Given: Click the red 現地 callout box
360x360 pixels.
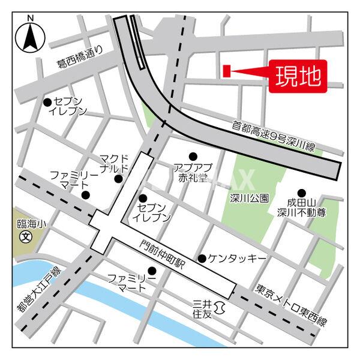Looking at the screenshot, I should click(x=298, y=76).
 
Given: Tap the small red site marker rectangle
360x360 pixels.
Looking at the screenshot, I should click(x=227, y=71).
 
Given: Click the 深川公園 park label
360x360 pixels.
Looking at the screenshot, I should click(x=249, y=197).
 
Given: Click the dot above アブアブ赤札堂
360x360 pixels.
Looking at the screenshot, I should click(x=193, y=155).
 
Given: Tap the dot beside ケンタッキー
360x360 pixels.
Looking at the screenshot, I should click(x=202, y=259).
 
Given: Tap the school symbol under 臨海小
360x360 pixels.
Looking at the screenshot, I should click(x=25, y=236).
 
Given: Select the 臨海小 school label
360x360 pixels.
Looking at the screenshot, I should click(x=25, y=223).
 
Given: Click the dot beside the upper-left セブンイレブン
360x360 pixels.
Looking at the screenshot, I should click(x=47, y=102).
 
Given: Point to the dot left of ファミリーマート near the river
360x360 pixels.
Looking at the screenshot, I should click(x=152, y=271).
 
